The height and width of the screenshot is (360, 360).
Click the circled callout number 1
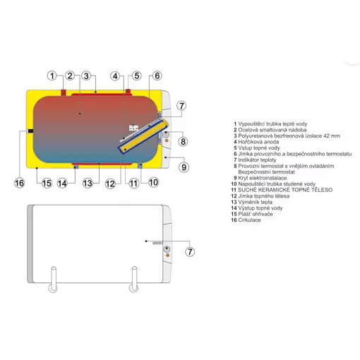52,76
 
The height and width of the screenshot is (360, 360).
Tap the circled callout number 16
19,183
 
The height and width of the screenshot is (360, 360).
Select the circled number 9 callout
184,167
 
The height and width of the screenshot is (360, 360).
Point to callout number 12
110,184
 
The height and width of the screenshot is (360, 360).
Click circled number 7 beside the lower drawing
190,252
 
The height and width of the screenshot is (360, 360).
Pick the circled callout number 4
115,76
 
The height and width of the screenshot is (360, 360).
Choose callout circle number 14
62,184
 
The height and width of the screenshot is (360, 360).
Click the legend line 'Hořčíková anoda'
258,142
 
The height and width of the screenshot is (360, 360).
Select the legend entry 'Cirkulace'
249,220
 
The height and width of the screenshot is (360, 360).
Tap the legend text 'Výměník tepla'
255,202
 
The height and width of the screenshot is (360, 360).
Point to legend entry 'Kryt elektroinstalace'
263,178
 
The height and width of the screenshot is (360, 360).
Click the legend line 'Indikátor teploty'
257,160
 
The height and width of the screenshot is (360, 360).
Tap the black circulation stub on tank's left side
30,131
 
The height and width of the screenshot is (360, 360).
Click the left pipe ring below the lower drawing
53,289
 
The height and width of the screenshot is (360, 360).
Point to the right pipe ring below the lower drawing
133,289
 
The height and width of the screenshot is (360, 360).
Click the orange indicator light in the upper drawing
167,140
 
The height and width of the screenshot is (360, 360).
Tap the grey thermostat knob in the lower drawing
167,249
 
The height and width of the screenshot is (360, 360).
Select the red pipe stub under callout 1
64,92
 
